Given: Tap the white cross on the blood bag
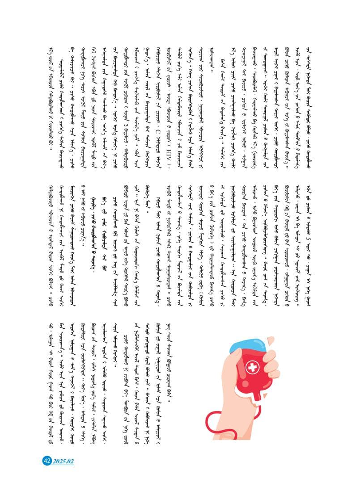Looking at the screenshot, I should (x=253, y=367).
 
